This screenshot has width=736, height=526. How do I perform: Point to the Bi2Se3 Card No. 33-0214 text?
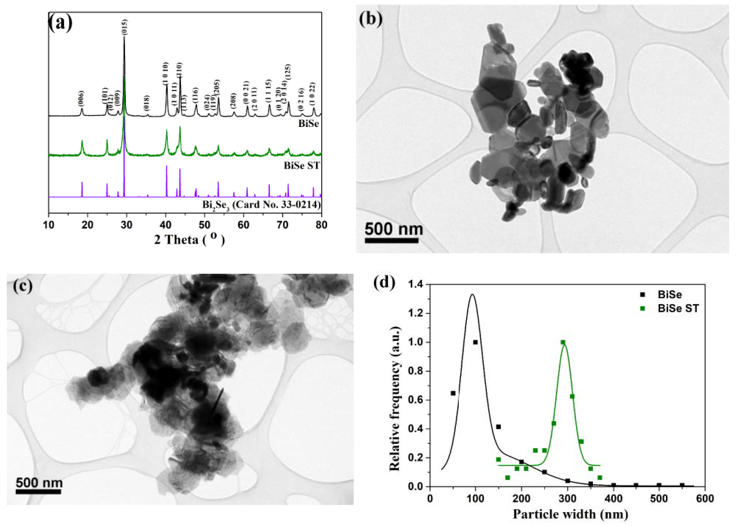[261, 205]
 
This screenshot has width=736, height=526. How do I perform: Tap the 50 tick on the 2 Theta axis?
[204, 224]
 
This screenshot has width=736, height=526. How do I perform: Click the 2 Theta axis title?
[189, 240]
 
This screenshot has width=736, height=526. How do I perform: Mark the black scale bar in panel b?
[391, 240]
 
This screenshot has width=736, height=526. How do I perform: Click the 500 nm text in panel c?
[39, 482]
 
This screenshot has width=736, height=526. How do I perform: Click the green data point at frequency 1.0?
[563, 342]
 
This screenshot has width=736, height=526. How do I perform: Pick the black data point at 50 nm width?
[453, 393]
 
